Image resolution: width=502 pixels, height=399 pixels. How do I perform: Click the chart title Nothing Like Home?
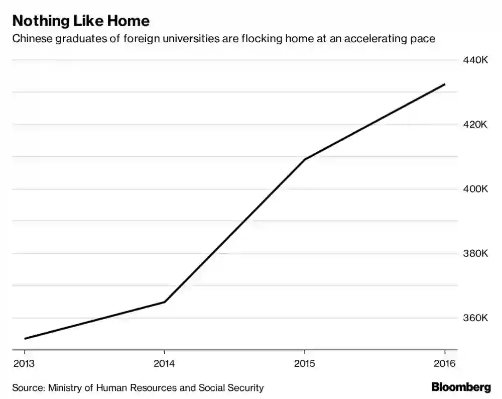tap(81, 21)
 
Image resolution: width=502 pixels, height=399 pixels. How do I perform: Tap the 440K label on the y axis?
tap(474, 60)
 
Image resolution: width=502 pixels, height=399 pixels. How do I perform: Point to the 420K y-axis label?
tap(474, 125)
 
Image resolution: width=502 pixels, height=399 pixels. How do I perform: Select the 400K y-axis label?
tap(474, 189)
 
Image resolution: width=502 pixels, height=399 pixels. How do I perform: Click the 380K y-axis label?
tap(474, 253)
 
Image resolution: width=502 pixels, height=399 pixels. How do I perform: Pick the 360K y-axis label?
tap(474, 318)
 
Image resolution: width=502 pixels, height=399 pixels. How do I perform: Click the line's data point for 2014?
tap(165, 302)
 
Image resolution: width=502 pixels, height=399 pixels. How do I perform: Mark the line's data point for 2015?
tap(305, 159)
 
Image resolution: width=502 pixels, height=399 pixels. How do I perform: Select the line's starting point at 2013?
tap(25, 339)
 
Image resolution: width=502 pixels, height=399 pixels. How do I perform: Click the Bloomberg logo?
tap(461, 387)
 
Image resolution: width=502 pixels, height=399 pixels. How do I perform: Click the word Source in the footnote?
tap(29, 388)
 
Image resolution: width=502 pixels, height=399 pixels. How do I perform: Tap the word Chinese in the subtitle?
tap(32, 39)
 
